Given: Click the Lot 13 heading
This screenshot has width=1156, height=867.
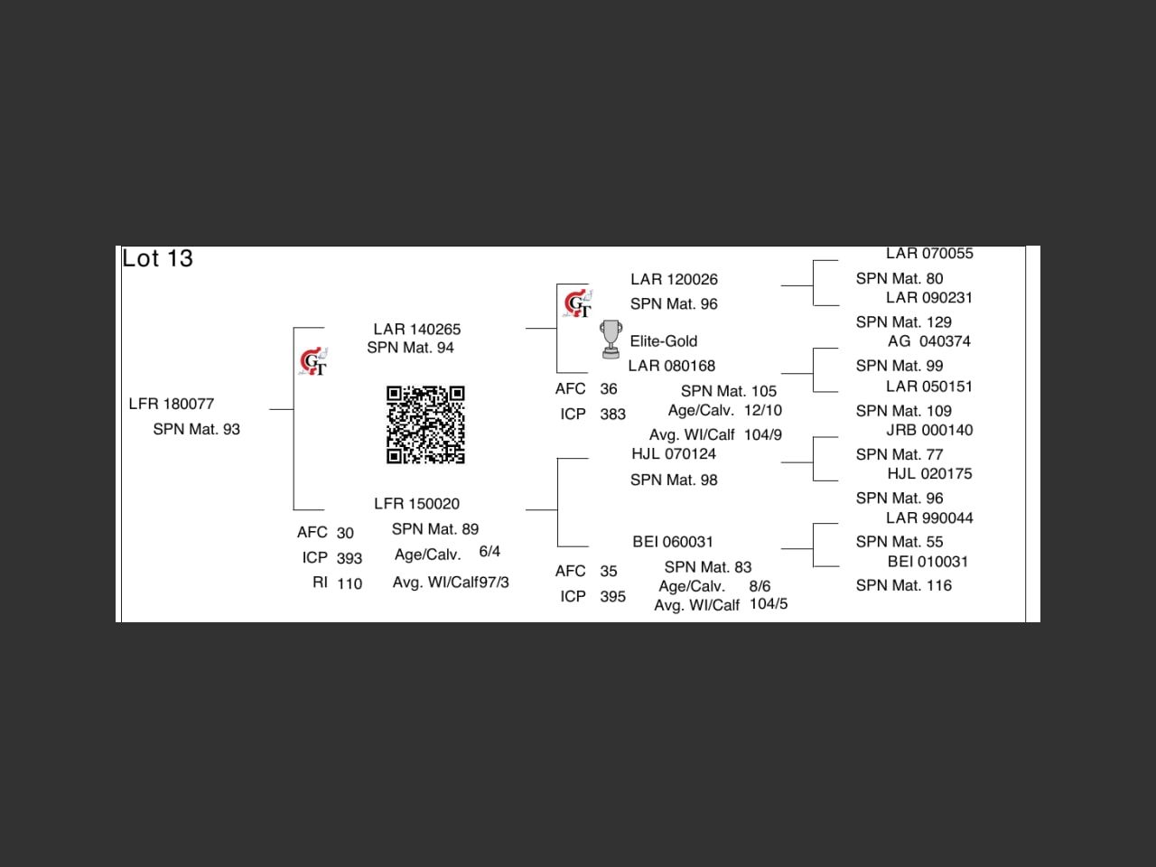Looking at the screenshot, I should tap(158, 258).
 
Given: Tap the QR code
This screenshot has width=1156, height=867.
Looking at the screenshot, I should tap(425, 424).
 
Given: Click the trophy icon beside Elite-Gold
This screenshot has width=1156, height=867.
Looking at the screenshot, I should tap(611, 339).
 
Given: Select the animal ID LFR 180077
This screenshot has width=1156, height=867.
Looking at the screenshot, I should tap(172, 404).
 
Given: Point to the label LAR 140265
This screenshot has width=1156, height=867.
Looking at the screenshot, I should tap(417, 330).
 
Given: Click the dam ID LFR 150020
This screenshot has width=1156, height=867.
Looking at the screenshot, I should tap(417, 504).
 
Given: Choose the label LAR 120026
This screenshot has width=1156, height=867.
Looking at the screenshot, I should tap(674, 280).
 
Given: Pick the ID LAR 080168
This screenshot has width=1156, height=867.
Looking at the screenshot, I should tap(671, 366).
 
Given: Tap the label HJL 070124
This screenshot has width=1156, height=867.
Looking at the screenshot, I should tap(674, 454).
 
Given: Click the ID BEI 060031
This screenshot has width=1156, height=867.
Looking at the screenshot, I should tap(673, 542).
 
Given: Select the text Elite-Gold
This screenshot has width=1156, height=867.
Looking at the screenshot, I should tap(664, 341).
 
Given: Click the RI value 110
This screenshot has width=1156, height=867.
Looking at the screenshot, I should tap(350, 583).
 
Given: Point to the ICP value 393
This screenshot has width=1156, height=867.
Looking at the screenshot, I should tap(350, 558).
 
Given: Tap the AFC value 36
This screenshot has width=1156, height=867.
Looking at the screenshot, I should tap(609, 389).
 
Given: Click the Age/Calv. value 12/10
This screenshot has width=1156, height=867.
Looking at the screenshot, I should tap(763, 410).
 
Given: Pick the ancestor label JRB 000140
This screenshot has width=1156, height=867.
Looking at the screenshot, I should tap(929, 430).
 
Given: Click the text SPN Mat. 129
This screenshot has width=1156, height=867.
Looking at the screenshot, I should tap(903, 322).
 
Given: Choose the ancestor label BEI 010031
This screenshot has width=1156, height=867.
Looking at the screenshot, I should tap(928, 562).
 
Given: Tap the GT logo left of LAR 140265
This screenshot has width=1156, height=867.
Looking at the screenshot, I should tap(313, 362).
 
